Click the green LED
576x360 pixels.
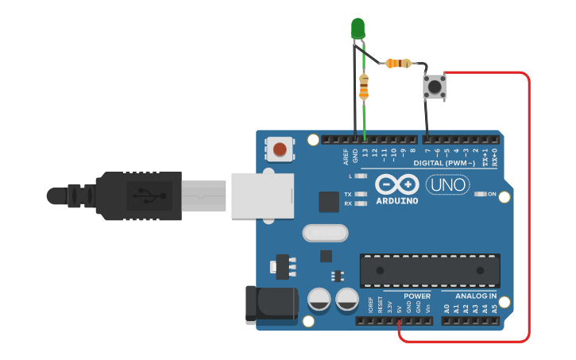point(358,29)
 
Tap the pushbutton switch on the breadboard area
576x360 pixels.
point(434,86)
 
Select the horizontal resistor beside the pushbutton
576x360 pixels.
point(397,63)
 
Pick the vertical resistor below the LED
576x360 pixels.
point(365,86)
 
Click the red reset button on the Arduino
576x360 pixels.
point(280,149)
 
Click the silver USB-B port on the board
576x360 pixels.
point(262,195)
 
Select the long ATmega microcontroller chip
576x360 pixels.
point(430,270)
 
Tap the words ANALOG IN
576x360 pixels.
point(476,296)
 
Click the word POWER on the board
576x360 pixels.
point(417,296)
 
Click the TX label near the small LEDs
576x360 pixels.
point(347,193)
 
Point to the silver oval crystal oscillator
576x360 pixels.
point(324,233)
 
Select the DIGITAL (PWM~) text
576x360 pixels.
point(446,163)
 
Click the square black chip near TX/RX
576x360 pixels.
point(328,201)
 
